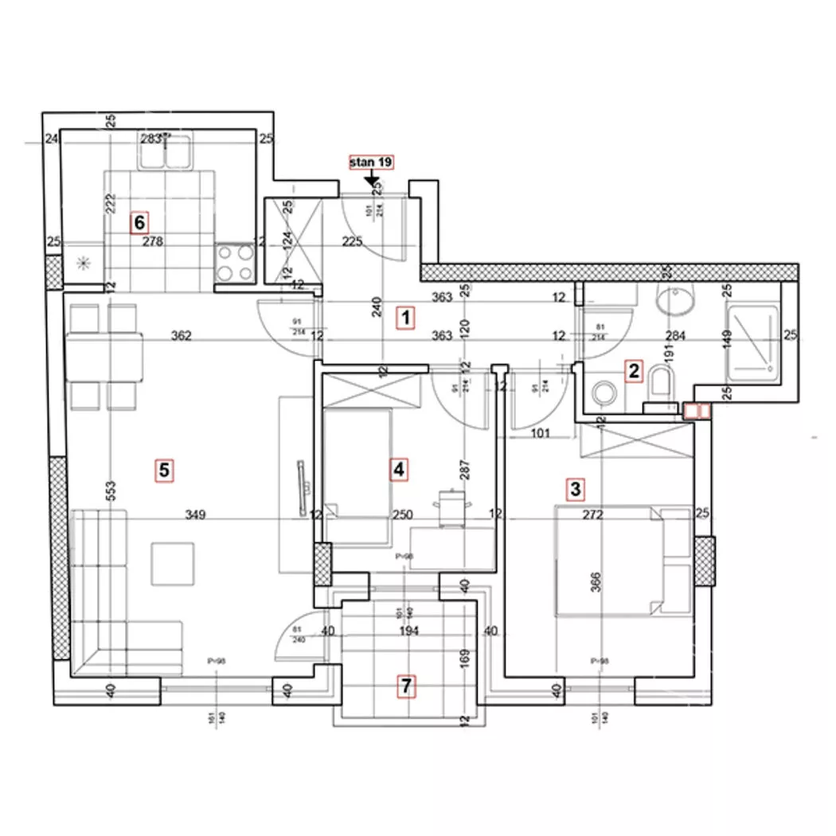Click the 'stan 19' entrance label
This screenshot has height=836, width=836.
pos(372,162)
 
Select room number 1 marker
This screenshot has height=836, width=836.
pos(406,318)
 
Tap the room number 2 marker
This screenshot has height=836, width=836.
pos(634,370)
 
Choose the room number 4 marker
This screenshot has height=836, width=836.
pos(398,470)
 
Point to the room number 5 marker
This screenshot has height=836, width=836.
pos(164,470)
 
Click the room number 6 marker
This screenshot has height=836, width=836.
pos(140,222)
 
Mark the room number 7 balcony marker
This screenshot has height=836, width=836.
pos(407,686)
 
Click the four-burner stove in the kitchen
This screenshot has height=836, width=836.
pos(235,262)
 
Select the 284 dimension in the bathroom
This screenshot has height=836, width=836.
pos(675,336)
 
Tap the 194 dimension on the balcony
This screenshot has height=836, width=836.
pos(408,631)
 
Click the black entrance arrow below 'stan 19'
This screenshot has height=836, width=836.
pos(372,182)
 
